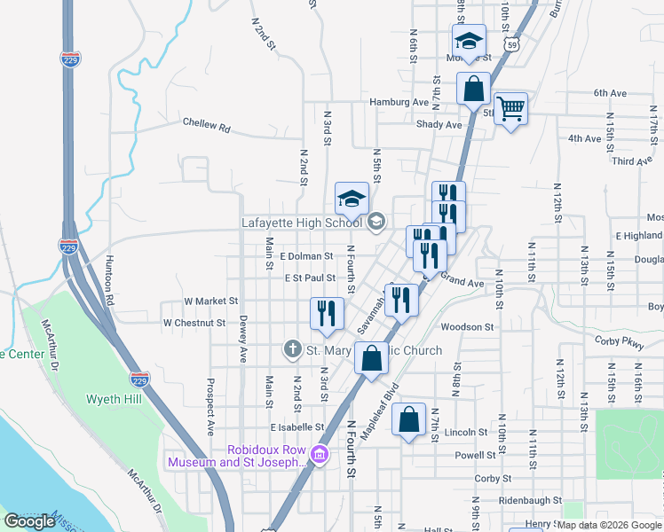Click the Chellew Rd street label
click(x=206, y=126)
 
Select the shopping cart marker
click(x=510, y=109)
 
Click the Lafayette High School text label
click(x=301, y=223)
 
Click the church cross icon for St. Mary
click(x=292, y=349)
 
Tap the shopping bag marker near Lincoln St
click(x=409, y=421)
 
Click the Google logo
click(x=29, y=521)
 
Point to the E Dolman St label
click(x=305, y=256)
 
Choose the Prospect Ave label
click(x=210, y=408)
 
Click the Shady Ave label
click(x=439, y=125)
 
